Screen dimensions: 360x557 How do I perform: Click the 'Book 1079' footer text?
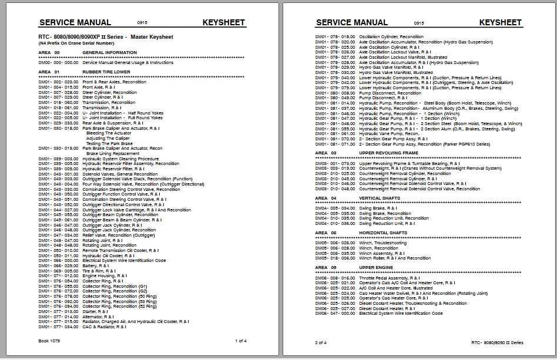[49, 341]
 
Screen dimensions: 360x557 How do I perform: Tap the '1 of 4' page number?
[240, 341]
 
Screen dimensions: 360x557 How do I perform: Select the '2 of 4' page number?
[321, 342]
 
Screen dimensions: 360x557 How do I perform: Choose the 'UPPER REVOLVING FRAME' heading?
[390, 153]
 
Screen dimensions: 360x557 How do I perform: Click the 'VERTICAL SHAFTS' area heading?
[379, 198]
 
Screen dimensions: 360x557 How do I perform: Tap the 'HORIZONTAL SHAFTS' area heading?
[383, 233]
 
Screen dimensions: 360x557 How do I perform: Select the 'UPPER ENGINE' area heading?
[376, 267]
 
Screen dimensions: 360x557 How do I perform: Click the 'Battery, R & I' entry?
[96, 265]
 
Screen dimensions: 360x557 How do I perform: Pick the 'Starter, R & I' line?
[95, 311]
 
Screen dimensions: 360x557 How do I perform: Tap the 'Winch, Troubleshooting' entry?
[382, 243]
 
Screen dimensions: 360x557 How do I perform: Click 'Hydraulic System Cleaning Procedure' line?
[120, 159]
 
